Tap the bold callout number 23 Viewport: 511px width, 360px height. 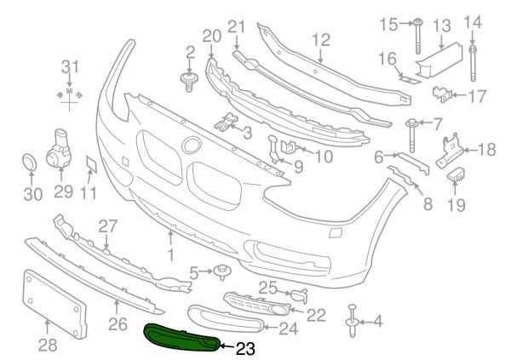245,349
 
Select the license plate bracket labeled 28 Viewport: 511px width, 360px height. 55,303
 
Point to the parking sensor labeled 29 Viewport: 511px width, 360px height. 58,148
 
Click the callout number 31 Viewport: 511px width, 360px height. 70,66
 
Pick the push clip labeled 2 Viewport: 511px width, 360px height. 189,82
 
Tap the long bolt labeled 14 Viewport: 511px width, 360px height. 474,64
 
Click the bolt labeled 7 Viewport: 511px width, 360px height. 411,136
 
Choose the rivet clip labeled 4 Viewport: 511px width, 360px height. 353,320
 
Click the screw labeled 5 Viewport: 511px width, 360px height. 222,272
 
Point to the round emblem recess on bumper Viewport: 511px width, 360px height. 192,146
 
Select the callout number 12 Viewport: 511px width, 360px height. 321,40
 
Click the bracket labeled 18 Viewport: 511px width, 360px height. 450,151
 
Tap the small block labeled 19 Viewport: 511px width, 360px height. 456,175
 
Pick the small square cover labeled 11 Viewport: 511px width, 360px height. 92,164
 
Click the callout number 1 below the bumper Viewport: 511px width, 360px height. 171,254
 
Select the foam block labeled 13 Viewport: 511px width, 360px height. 440,61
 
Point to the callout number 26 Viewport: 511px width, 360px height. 118,324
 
